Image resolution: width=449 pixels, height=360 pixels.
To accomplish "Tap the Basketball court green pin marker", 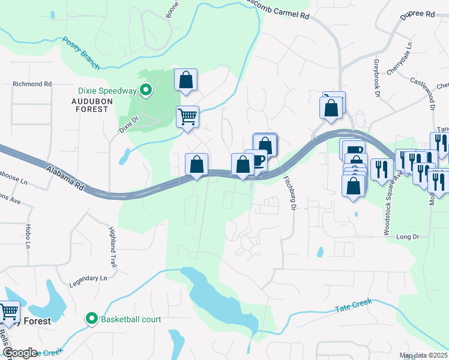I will click(92, 319).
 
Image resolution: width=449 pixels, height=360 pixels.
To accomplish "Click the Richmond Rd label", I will click(32, 85).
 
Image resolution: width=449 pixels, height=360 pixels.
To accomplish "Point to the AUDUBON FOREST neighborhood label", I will click(97, 106).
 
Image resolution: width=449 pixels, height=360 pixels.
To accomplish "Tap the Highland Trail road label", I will click(112, 247).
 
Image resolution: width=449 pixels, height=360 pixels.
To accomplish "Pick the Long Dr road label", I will click(407, 236).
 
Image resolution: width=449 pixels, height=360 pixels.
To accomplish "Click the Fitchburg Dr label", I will click(290, 193).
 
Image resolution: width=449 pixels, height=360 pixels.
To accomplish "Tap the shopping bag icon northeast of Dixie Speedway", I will click(186, 80).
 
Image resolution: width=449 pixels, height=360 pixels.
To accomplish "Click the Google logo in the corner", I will click(19, 353).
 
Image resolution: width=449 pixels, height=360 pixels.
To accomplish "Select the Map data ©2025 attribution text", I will click(423, 356).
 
